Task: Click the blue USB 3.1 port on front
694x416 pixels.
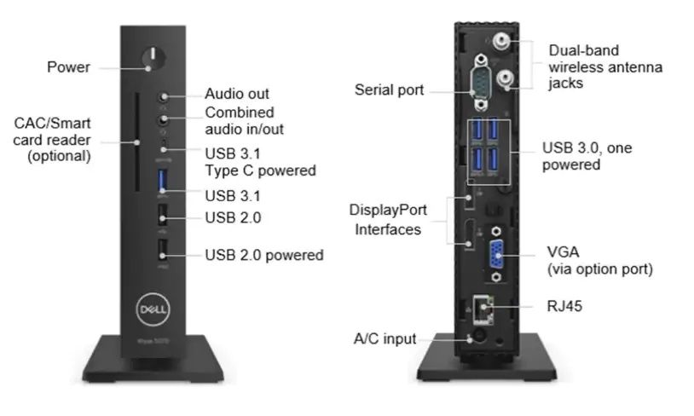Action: click(x=163, y=181)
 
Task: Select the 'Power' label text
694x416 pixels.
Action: click(x=68, y=66)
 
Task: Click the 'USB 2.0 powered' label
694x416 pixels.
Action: click(x=264, y=254)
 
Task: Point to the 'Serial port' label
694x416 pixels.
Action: click(x=389, y=90)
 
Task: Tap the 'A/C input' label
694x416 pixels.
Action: click(x=385, y=339)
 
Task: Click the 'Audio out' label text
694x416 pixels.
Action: click(x=237, y=94)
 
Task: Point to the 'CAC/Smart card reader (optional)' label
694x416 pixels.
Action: click(x=53, y=140)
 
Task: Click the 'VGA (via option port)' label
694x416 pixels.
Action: click(x=599, y=261)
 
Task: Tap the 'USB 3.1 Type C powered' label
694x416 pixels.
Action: click(x=260, y=161)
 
